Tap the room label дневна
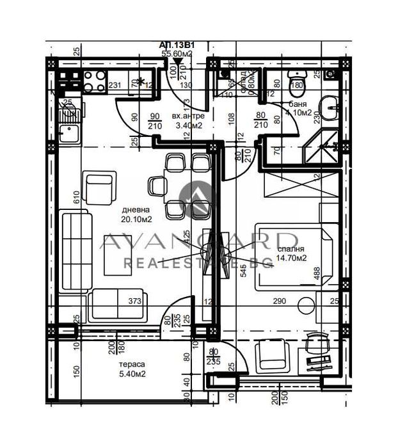pyautogui.click(x=137, y=209)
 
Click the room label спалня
pyautogui.click(x=291, y=250)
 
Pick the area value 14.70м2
pyautogui.click(x=291, y=260)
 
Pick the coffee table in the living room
pyautogui.click(x=119, y=254)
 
